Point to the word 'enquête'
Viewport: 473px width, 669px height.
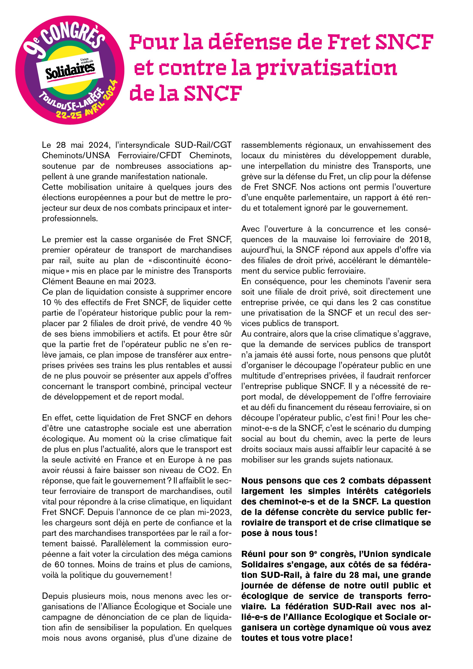click(273, 198)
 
